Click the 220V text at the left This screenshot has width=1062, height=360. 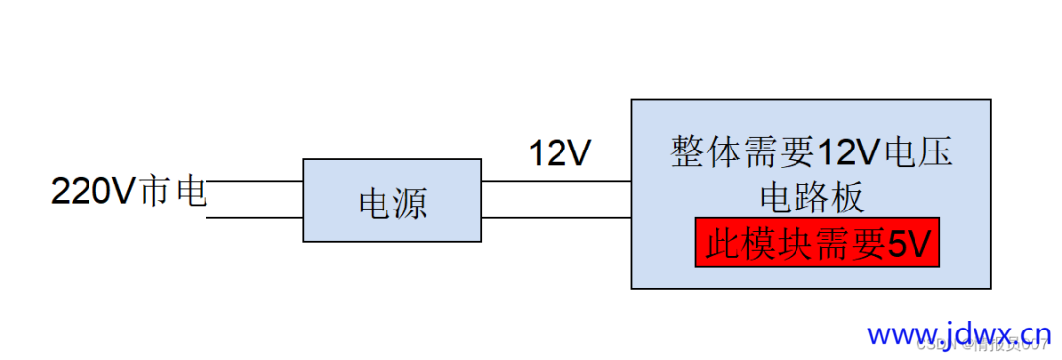coord(91,191)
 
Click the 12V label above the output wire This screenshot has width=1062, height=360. coord(560,153)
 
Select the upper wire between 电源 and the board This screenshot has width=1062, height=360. coord(556,181)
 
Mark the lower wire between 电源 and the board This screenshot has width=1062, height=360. coord(556,217)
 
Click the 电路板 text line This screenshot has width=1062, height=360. coord(812,198)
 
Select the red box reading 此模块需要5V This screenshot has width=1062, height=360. coord(817,242)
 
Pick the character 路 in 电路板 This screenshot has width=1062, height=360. coord(812,198)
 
